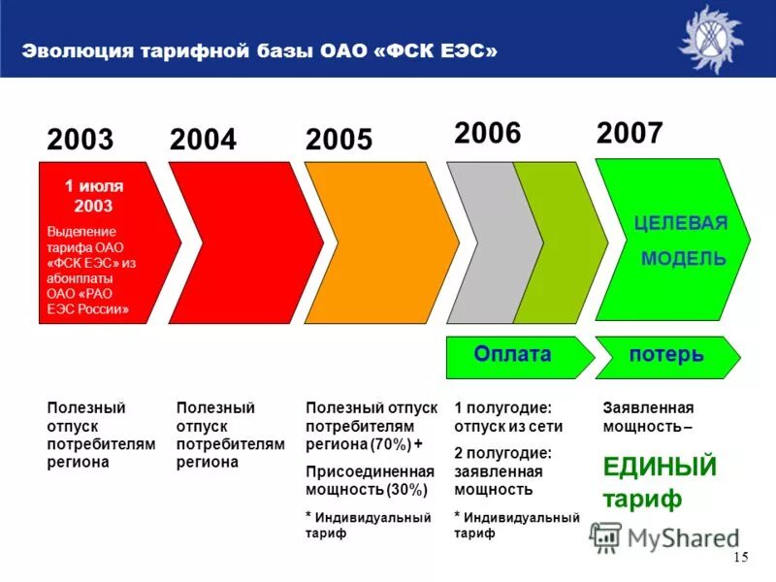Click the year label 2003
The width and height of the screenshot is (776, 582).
[81, 140]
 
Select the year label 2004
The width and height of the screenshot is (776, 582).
[203, 140]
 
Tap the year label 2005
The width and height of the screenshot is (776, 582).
[339, 140]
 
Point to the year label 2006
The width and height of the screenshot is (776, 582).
[488, 133]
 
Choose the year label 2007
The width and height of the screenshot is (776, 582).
[630, 133]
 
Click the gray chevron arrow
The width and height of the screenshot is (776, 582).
[485, 242]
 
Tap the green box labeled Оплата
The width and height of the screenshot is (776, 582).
[512, 355]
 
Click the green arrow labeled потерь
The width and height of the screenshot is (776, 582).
[666, 355]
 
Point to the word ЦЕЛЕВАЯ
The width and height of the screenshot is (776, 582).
[680, 223]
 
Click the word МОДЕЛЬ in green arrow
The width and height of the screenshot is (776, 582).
[683, 258]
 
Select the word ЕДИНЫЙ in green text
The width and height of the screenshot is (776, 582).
[660, 467]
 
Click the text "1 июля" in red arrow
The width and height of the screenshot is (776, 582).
[94, 185]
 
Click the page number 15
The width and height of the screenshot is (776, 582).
[742, 556]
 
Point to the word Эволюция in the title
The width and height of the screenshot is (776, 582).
[71, 51]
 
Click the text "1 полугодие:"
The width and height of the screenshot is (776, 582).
[502, 408]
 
